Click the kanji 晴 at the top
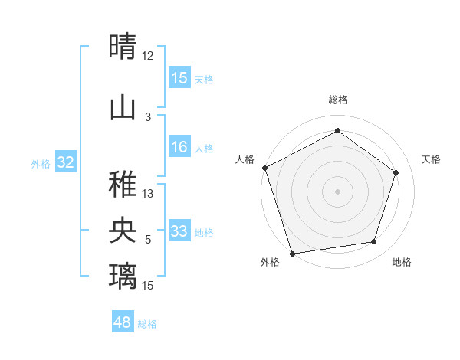click(123, 46)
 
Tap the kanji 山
click(123, 108)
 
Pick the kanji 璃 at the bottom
click(123, 275)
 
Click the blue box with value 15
click(179, 78)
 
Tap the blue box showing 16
click(179, 148)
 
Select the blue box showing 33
click(179, 231)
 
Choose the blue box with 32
click(66, 162)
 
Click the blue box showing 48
click(123, 322)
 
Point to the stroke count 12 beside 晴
click(147, 56)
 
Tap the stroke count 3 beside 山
click(148, 116)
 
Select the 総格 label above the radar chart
click(337, 100)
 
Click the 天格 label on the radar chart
click(431, 159)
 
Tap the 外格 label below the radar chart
click(270, 262)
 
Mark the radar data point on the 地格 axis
click(374, 242)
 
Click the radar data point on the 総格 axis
click(337, 131)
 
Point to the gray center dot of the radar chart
click(337, 191)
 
